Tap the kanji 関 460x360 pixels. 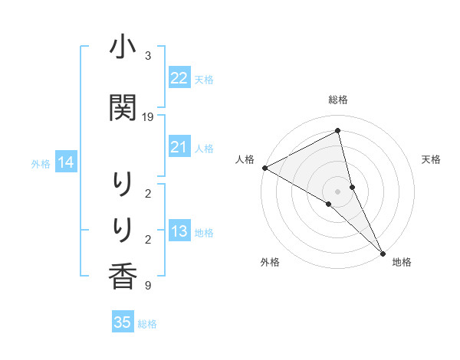[123, 108]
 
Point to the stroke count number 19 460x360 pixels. [148, 117]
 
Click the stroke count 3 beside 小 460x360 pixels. [148, 56]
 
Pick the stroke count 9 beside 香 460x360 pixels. [148, 286]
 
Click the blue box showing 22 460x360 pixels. [179, 78]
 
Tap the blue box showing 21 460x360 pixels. [179, 147]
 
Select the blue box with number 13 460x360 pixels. [179, 232]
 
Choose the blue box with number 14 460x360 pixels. [66, 162]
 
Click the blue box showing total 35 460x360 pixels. [123, 322]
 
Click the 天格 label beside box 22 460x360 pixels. [204, 79]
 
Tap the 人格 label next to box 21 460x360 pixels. [204, 148]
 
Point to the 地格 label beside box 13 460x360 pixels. [204, 233]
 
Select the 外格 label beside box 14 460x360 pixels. [41, 163]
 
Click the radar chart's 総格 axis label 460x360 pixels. [338, 100]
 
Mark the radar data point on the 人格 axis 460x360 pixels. [264, 168]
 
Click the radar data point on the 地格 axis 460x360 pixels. [383, 252]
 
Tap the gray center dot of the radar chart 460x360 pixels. [338, 191]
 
